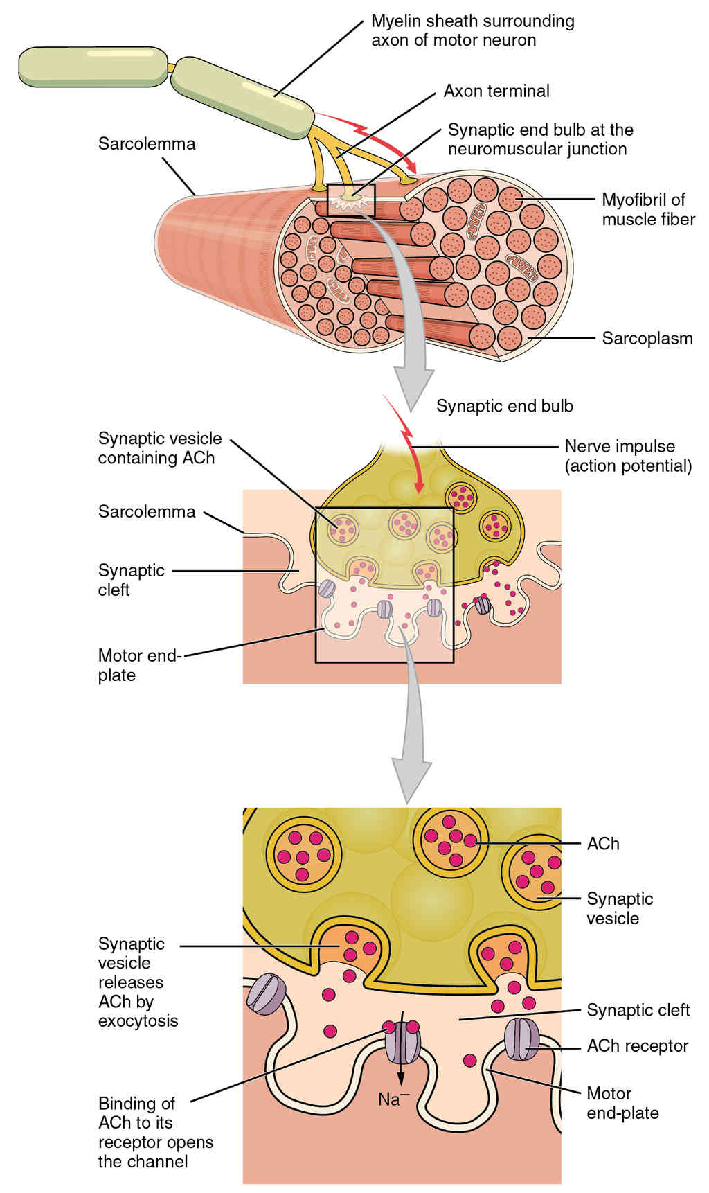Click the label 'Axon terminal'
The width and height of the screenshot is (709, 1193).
(496, 91)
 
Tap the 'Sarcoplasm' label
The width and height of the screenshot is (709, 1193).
(647, 339)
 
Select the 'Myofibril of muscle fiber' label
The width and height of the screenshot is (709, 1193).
(648, 209)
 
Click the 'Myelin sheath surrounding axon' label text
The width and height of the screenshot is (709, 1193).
(473, 30)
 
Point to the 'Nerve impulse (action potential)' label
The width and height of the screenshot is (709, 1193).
(628, 456)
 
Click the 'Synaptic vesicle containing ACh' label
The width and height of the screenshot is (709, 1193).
(160, 448)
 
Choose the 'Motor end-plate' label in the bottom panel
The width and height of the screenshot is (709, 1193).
(622, 1103)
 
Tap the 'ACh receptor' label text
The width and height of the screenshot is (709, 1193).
(638, 1045)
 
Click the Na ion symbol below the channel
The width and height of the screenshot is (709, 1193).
(394, 1098)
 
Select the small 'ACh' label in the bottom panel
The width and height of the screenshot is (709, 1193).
(603, 844)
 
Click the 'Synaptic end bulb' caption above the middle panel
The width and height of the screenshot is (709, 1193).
(505, 406)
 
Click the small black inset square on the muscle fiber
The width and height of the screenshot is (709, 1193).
(351, 200)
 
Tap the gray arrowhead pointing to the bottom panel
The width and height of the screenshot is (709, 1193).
(412, 779)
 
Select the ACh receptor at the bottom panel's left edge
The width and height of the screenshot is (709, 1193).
(263, 994)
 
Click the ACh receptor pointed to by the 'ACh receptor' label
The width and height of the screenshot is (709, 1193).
(521, 1039)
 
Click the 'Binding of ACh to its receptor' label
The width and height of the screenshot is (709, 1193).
(156, 1132)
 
